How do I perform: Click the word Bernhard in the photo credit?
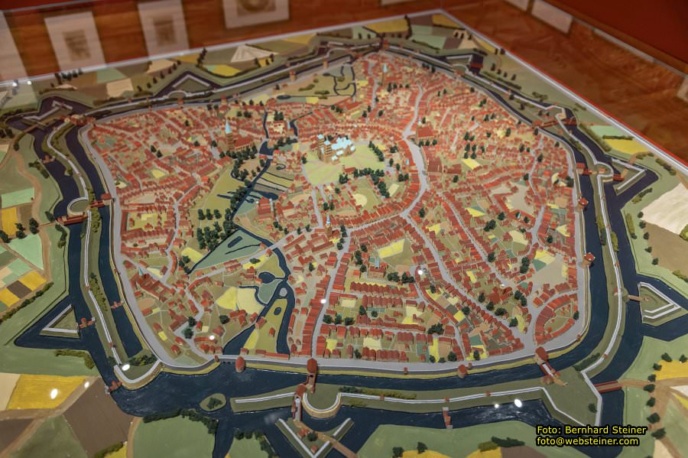pyautogui.click(x=594, y=430)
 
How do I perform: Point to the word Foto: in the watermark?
pyautogui.click(x=551, y=430)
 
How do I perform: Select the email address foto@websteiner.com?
pyautogui.click(x=587, y=441)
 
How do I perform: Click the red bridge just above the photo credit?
pyautogui.click(x=608, y=387)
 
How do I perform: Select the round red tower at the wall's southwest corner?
pyautogui.click(x=240, y=363)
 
